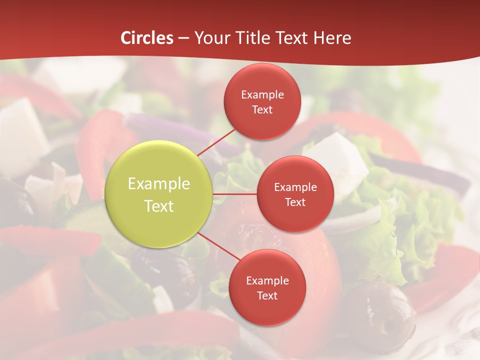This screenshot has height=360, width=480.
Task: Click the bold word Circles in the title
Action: point(147,38)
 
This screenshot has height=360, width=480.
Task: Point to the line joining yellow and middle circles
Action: point(235,193)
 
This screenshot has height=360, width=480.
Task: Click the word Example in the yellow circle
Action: point(159,184)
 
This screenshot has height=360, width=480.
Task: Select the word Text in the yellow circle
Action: point(159,206)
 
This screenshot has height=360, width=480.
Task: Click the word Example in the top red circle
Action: point(262,95)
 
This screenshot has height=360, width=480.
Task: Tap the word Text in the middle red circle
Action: point(295,202)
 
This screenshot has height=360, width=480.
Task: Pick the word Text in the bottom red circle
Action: point(267,295)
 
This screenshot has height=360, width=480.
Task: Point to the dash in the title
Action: point(183,38)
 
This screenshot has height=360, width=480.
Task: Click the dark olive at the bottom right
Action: point(382,312)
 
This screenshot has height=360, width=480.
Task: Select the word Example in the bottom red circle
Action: point(267,281)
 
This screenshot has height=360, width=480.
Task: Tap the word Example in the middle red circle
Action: point(295,187)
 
